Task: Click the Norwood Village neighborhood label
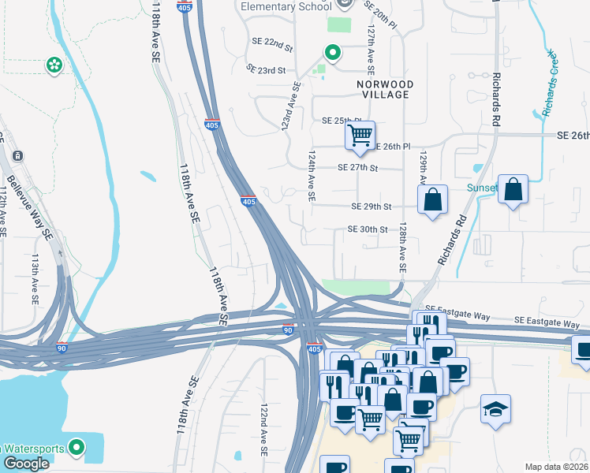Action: pos(383,88)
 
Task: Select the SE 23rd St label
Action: pos(266,70)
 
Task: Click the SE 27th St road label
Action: pos(358,168)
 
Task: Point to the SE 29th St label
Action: pos(372,207)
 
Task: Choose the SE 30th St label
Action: pos(368,229)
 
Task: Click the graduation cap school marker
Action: pos(495,409)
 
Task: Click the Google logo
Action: pos(26,464)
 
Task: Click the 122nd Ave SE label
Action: pos(265,430)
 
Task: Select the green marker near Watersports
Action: pos(76,449)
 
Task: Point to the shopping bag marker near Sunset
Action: pos(513,189)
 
